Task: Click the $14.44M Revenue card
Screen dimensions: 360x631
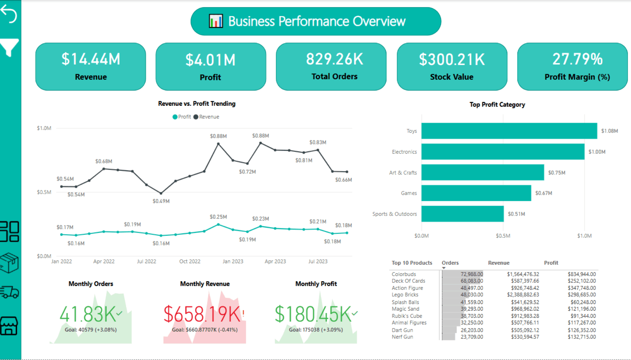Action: (91, 66)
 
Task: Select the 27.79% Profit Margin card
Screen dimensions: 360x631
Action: (572, 66)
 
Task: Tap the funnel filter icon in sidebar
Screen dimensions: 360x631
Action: (9, 48)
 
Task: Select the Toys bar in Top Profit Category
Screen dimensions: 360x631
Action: (509, 131)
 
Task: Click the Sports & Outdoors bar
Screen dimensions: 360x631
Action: (462, 214)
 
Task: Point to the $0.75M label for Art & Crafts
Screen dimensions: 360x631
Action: (556, 173)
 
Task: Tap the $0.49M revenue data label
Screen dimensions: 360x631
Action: (161, 201)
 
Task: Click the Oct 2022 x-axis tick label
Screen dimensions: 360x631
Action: (190, 261)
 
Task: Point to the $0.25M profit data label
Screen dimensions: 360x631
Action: (218, 217)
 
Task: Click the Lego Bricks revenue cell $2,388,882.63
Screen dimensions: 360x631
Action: (523, 295)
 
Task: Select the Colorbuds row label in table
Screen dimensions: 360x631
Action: (404, 274)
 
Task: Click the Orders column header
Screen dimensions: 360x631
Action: (450, 263)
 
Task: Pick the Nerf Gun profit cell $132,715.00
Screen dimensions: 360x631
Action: (581, 337)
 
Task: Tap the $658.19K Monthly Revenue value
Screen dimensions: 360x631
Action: (202, 314)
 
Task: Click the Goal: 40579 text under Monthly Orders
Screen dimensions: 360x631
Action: (91, 330)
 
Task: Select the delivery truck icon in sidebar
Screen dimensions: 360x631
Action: (9, 292)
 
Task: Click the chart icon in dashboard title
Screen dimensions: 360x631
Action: (216, 21)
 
